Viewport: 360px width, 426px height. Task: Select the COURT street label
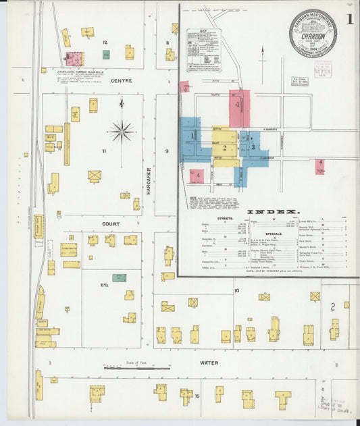click(111, 223)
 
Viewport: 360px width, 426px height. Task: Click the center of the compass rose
click(122, 131)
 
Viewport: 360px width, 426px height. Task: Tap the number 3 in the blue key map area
click(253, 146)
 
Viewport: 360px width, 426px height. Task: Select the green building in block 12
click(106, 54)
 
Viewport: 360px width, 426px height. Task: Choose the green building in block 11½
click(120, 277)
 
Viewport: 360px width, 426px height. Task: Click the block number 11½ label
click(105, 286)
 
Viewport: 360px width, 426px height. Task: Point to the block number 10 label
click(236, 290)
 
